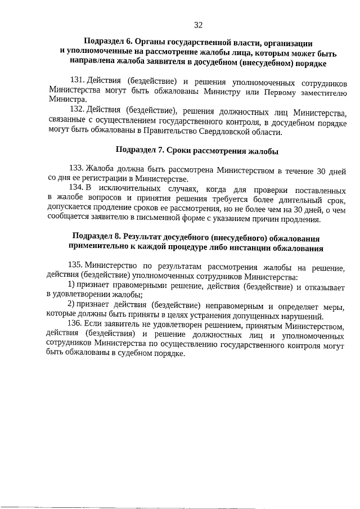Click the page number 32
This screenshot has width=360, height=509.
[198, 25]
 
